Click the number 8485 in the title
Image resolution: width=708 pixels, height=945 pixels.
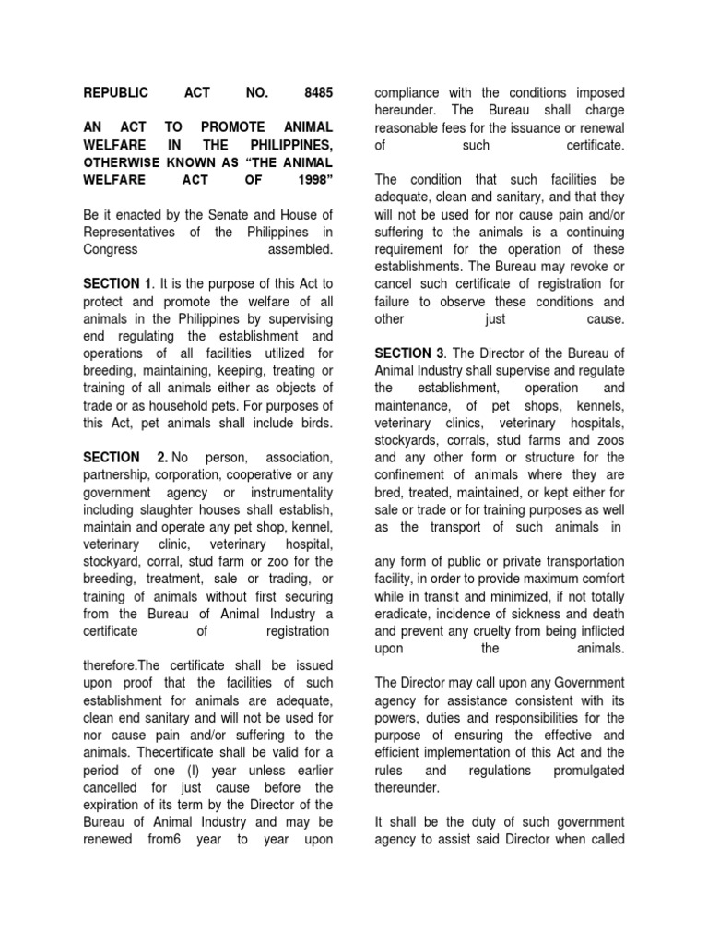[x=315, y=93]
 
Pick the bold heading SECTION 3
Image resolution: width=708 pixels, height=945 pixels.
[x=408, y=353]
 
